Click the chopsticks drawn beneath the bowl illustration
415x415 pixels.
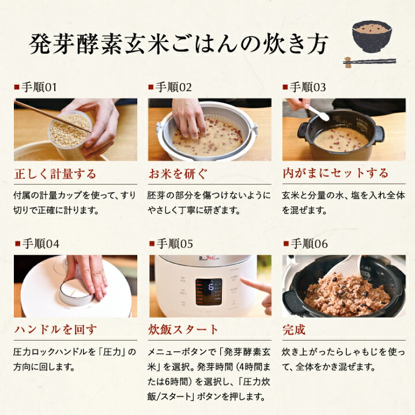pos(369,61)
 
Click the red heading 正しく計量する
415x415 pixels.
pos(55,173)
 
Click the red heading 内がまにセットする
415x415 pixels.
pos(335,173)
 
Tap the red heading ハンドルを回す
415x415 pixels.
pos(55,330)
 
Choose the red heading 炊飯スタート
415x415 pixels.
pos(184,330)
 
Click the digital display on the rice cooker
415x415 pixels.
pos(208,291)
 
